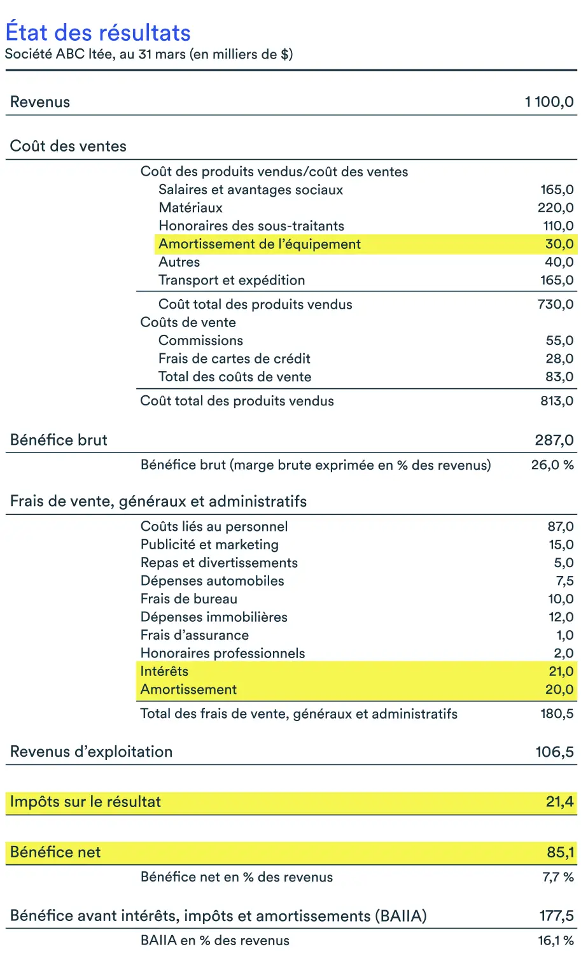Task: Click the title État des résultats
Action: pos(98,32)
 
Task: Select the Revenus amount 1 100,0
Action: pos(549,102)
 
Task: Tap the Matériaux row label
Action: pos(190,207)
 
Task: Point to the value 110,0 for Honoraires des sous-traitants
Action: pos(556,226)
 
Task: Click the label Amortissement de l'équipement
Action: pos(259,244)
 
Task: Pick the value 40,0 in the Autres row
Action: pos(559,262)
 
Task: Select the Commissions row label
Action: pos(200,341)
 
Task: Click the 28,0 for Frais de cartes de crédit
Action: pos(559,358)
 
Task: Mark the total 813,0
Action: pos(556,401)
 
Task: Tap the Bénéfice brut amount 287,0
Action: pos(554,440)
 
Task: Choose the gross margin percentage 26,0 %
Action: pos(552,465)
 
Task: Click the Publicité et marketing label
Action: pos(209,545)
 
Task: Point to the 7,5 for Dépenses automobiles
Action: pos(564,581)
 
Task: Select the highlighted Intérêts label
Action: pos(164,671)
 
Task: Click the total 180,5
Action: pos(556,713)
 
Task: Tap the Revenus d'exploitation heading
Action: pos(91,752)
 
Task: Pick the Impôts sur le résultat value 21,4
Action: pos(559,802)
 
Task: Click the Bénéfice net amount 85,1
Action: pos(560,852)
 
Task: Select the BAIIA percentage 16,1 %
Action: pos(555,941)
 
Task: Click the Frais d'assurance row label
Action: pos(194,635)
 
